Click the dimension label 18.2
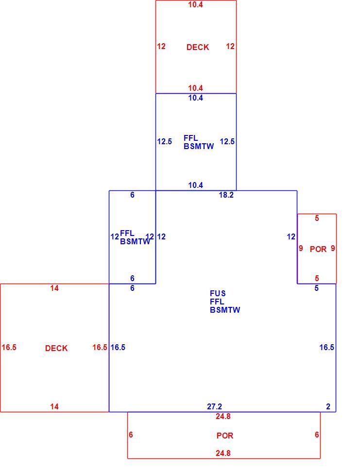(226, 195)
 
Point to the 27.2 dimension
(214, 407)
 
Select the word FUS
(218, 293)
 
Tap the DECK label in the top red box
(197, 47)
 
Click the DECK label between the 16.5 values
(56, 348)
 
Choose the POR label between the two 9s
(318, 249)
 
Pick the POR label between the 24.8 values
(225, 436)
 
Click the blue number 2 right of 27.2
(328, 407)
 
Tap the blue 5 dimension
(316, 288)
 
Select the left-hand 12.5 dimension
(164, 141)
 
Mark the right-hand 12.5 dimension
(227, 141)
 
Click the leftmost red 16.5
(9, 348)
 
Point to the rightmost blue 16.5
(326, 348)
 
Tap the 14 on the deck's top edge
(54, 288)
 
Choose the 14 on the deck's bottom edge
(54, 407)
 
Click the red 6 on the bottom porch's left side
(131, 435)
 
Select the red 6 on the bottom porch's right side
(317, 435)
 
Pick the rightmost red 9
(333, 249)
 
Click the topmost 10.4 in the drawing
(196, 4)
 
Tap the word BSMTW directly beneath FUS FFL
(225, 310)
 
